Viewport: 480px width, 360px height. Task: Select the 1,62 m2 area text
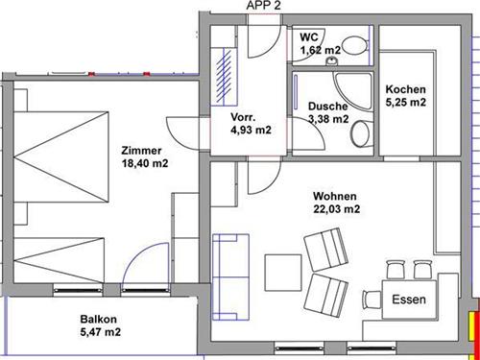point(319,49)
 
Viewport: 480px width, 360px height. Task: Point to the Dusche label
point(326,107)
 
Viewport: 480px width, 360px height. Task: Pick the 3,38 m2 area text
point(327,120)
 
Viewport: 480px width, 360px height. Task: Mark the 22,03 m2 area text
point(336,208)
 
